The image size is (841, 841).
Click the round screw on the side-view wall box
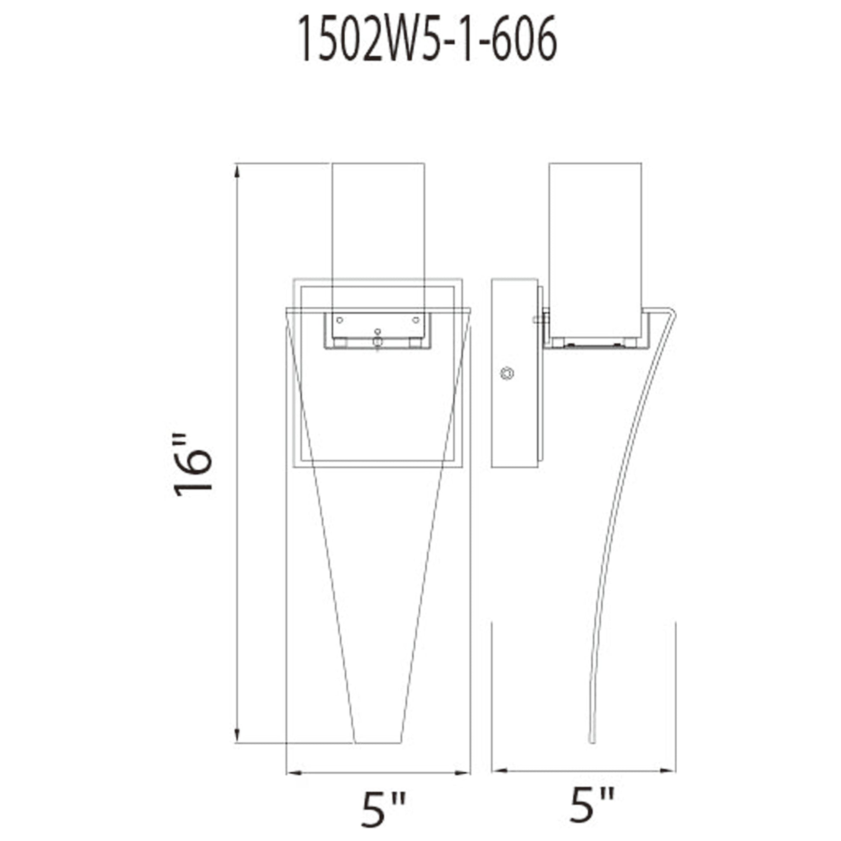pos(507,373)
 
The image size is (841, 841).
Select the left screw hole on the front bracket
pos(340,320)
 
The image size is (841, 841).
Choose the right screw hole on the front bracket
pos(416,320)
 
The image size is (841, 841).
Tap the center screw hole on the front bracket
pos(377,332)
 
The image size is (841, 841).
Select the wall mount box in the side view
pos(514,373)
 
